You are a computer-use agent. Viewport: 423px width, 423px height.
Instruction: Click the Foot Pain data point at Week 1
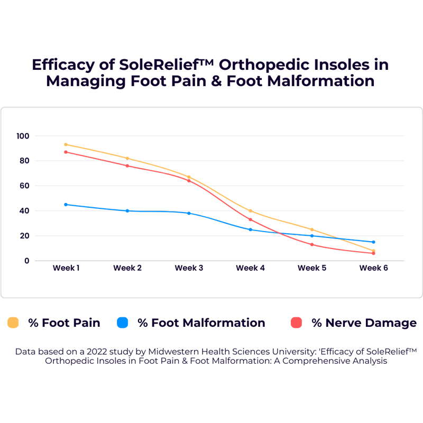coord(66,144)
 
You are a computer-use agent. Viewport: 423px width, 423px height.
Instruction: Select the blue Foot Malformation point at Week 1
coord(66,205)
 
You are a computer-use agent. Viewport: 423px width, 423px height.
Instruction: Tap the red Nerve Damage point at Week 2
coord(127,165)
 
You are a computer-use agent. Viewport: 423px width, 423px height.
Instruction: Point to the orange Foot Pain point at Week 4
coord(251,211)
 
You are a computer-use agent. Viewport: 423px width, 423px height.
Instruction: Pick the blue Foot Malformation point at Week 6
coord(373,242)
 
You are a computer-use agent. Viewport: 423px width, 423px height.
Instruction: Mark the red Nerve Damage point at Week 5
coord(312,244)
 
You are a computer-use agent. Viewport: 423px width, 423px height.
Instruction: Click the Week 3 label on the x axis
coord(189,268)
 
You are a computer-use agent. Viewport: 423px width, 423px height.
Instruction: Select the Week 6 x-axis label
coord(373,268)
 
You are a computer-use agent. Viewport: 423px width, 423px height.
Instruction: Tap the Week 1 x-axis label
coord(66,268)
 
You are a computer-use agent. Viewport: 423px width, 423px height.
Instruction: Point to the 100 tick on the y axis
coord(24,136)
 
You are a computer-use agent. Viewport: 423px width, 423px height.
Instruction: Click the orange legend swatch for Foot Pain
coord(13,323)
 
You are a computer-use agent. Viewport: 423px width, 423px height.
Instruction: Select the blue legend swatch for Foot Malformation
coord(123,323)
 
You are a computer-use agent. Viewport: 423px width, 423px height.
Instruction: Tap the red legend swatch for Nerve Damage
coord(297,323)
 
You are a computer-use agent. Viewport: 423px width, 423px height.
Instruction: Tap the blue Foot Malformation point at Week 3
coord(189,213)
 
